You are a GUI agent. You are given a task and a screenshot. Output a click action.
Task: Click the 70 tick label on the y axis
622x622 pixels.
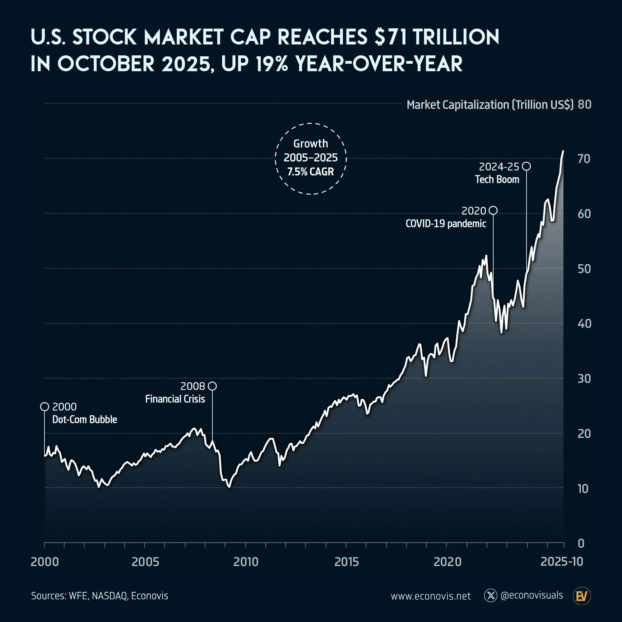pos(584,159)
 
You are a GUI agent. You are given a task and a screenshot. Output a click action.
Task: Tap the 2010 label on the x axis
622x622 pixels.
pos(246,562)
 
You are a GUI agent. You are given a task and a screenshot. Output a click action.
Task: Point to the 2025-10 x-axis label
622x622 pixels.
pos(561,561)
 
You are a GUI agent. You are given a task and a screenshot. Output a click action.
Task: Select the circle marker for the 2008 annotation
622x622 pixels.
pos(212,386)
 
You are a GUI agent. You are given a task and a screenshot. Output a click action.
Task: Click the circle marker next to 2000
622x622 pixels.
pos(44,406)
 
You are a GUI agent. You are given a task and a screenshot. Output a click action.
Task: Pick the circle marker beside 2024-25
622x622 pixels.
pos(526,166)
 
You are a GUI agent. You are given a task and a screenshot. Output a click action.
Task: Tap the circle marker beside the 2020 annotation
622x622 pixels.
pos(493,211)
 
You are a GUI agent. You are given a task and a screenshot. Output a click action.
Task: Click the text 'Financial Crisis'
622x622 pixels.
pos(175,399)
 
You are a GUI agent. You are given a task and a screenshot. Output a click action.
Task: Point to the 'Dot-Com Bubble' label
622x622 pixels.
pos(84,420)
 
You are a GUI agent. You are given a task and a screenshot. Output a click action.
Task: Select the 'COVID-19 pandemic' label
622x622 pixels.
pos(446,223)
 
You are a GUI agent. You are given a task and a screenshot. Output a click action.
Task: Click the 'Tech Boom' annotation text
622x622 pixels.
pos(497,179)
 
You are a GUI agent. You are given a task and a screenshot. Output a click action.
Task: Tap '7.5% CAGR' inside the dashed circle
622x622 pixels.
pos(310,172)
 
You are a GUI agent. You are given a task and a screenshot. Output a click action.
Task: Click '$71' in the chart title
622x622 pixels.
pos(391,37)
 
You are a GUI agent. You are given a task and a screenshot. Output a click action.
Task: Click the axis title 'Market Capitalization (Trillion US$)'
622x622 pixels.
pos(490,104)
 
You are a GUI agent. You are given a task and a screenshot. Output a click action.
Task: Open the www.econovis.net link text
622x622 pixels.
pos(430,596)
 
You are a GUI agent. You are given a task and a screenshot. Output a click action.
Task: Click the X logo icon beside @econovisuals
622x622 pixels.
pos(491,596)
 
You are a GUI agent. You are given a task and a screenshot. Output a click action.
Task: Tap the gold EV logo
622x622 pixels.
pos(582,596)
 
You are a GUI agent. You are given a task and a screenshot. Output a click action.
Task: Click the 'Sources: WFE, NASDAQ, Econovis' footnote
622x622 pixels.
pos(100,596)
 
